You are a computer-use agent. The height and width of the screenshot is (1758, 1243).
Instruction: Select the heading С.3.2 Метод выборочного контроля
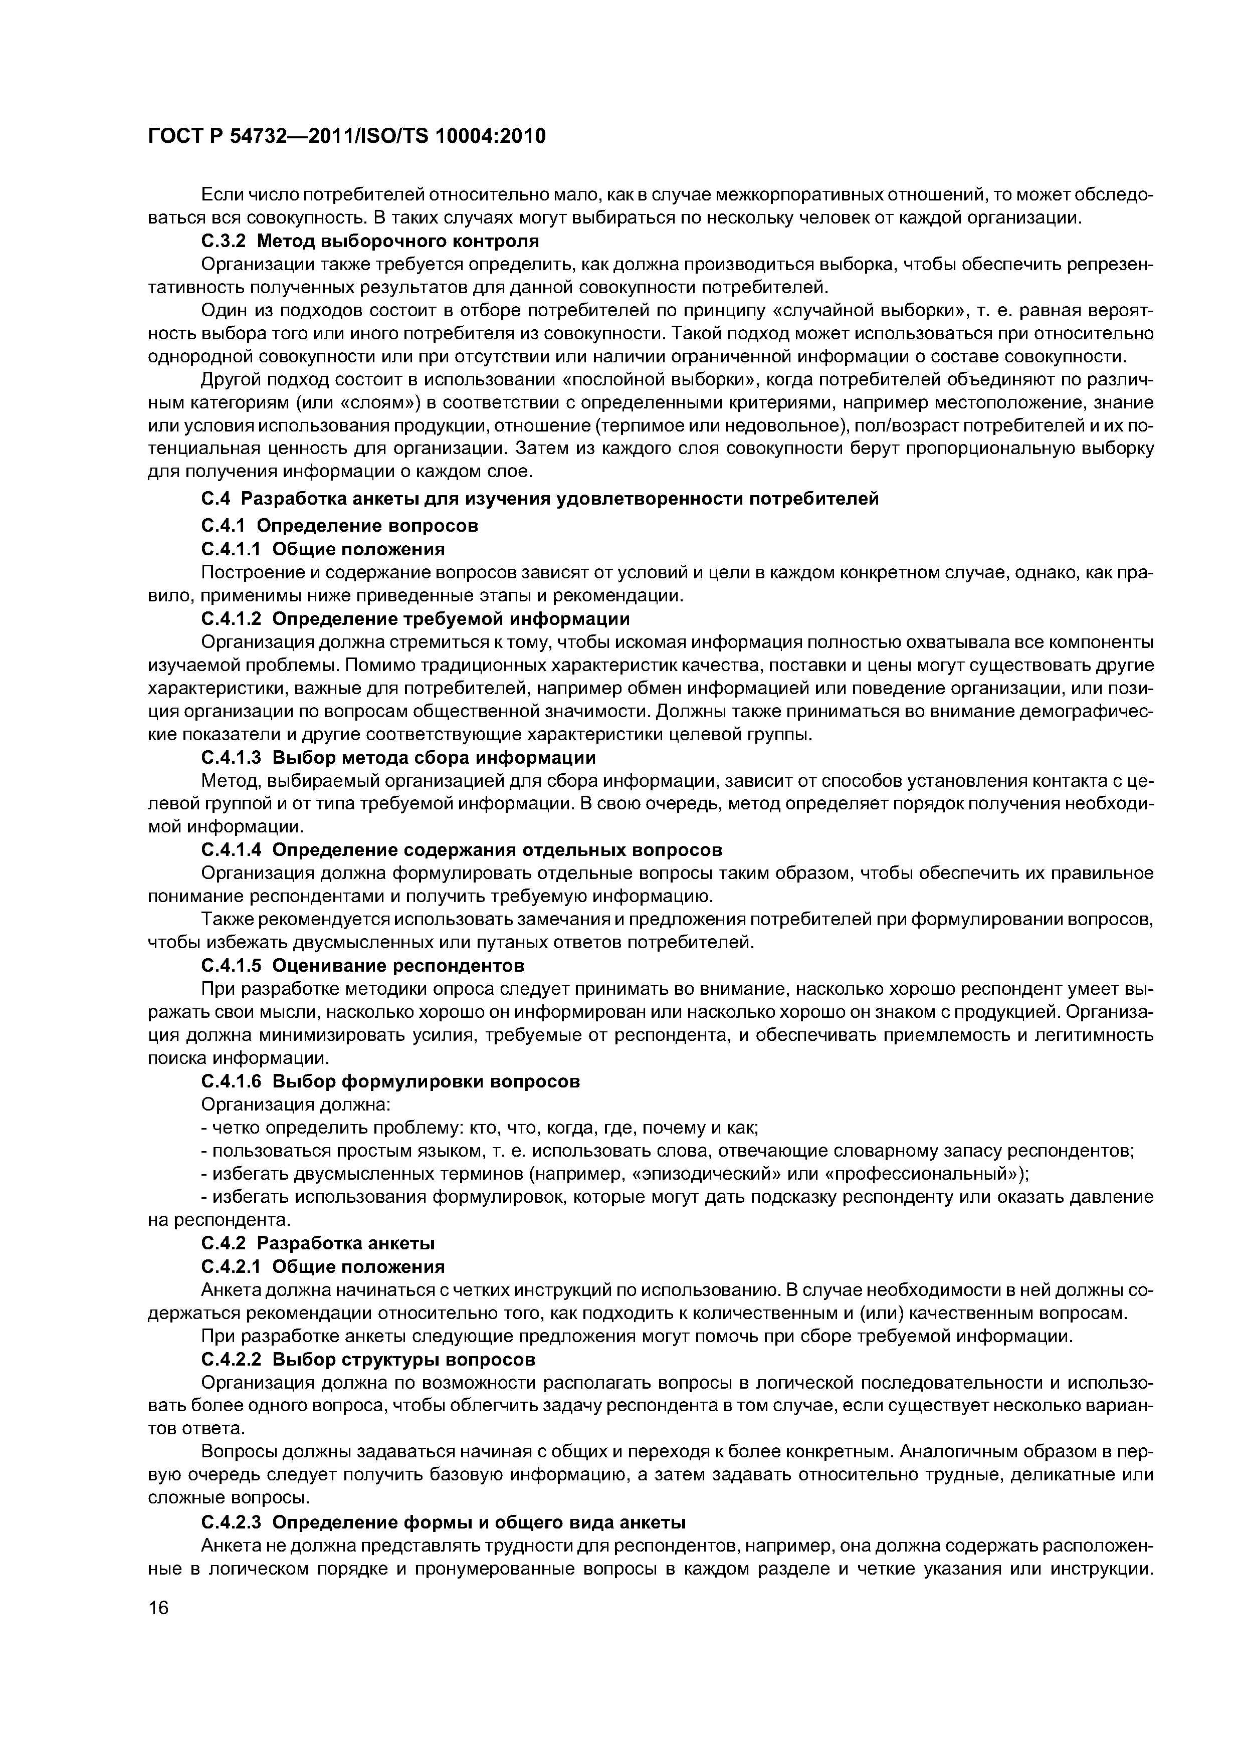(370, 241)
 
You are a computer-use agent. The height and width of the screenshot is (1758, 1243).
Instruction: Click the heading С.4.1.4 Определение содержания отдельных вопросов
(461, 850)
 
